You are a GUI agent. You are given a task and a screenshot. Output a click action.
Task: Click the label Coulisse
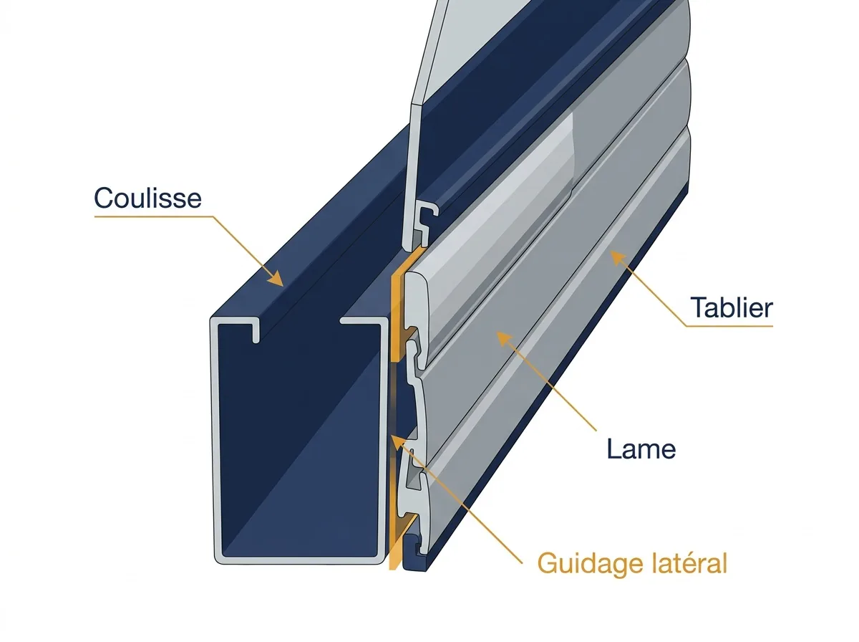(x=147, y=198)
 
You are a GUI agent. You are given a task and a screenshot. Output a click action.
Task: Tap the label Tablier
(x=732, y=307)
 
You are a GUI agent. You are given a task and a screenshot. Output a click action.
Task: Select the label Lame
(x=641, y=449)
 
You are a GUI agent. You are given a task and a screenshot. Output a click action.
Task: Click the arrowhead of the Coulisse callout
(x=275, y=278)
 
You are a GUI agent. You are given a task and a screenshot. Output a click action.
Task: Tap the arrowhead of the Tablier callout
(x=618, y=258)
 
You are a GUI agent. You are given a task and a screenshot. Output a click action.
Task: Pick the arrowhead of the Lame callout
(x=505, y=340)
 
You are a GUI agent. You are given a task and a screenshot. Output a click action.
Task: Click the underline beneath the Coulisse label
(x=153, y=216)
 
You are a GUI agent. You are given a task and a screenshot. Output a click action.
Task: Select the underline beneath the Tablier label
(x=730, y=326)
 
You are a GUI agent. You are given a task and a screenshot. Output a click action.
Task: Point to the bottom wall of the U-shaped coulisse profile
(x=299, y=560)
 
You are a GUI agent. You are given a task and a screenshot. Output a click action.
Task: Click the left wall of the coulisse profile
(x=215, y=439)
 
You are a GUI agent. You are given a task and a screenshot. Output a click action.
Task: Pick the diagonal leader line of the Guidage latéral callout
(x=460, y=503)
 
